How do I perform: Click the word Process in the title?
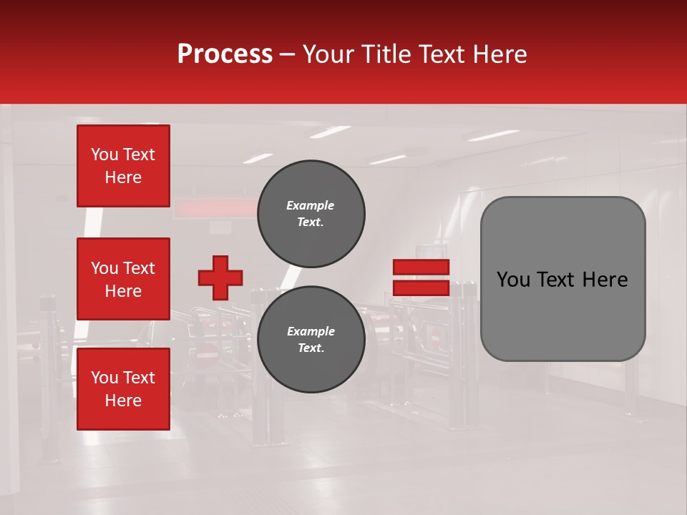tap(225, 54)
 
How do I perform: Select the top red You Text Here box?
tap(123, 166)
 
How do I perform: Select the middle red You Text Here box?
tap(123, 279)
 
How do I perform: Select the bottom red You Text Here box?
tap(123, 389)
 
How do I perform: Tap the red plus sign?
tap(220, 278)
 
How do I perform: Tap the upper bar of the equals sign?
tap(421, 267)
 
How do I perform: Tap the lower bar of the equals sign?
tap(421, 288)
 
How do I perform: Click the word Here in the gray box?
tap(605, 280)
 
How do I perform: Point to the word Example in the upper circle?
tap(310, 205)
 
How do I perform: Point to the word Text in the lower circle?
tap(310, 348)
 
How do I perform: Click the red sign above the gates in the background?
tap(215, 208)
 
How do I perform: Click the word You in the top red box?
tap(104, 154)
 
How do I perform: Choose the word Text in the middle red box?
tap(139, 268)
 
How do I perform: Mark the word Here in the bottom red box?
tap(123, 401)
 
